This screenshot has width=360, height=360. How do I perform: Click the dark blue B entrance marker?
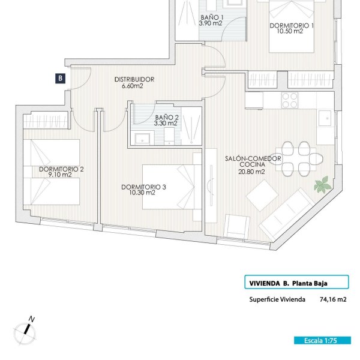(x=60, y=79)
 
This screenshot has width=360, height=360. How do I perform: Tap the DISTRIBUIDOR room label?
(x=134, y=79)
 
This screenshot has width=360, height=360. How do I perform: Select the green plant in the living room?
(x=323, y=184)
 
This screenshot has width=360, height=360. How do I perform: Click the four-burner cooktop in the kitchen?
(x=290, y=100)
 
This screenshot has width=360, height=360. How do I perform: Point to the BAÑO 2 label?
(x=167, y=118)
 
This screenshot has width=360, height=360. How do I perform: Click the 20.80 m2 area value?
(x=251, y=172)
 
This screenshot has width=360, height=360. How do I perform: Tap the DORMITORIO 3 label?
(x=143, y=187)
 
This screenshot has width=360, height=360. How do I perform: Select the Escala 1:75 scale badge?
(x=322, y=340)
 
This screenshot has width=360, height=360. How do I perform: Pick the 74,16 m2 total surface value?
(x=333, y=299)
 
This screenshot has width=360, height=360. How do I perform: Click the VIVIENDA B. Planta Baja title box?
(x=296, y=282)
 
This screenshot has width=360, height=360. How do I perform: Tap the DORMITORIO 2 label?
(x=61, y=169)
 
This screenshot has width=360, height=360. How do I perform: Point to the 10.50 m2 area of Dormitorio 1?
(x=290, y=31)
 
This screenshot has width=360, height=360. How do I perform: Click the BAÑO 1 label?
(x=212, y=17)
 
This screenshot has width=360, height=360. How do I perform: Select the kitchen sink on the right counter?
(x=325, y=118)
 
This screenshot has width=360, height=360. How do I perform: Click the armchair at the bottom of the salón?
(x=237, y=226)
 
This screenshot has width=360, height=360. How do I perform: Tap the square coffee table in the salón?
(x=262, y=196)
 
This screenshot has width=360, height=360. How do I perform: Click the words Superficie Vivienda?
(x=277, y=299)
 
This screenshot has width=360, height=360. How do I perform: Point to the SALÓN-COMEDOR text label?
(x=253, y=158)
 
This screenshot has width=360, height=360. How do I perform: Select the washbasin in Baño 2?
(x=143, y=138)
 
